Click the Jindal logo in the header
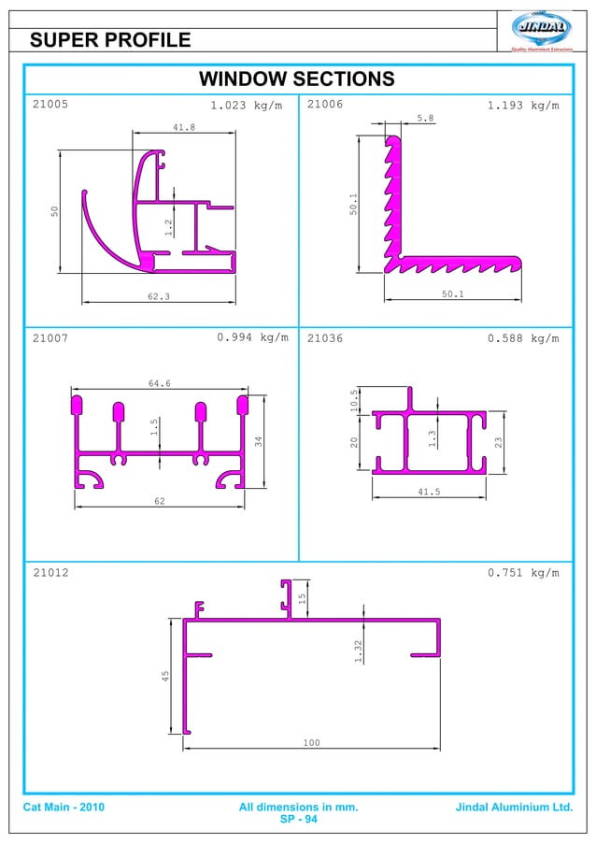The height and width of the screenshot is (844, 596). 544,29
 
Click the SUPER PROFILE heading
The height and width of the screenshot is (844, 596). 110,39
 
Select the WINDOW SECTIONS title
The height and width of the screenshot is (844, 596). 297,79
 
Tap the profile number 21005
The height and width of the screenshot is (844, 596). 50,105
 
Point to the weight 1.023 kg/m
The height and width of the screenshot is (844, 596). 246,106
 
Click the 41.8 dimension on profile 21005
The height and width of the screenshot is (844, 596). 184,127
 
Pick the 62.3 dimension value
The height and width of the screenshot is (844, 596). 159,296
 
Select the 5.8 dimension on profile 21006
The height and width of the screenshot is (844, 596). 425,119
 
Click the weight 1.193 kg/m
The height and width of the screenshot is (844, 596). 523,106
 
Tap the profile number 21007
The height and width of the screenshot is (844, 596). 50,338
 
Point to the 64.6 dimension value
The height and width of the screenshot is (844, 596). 160,383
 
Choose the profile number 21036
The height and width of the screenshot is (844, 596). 325,338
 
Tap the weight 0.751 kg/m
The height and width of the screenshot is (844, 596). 523,573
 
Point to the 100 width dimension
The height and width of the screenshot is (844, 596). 311,743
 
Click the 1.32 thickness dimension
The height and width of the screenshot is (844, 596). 358,651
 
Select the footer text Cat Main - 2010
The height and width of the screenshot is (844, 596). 64,807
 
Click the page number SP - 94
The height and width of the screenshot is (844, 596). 298,820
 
